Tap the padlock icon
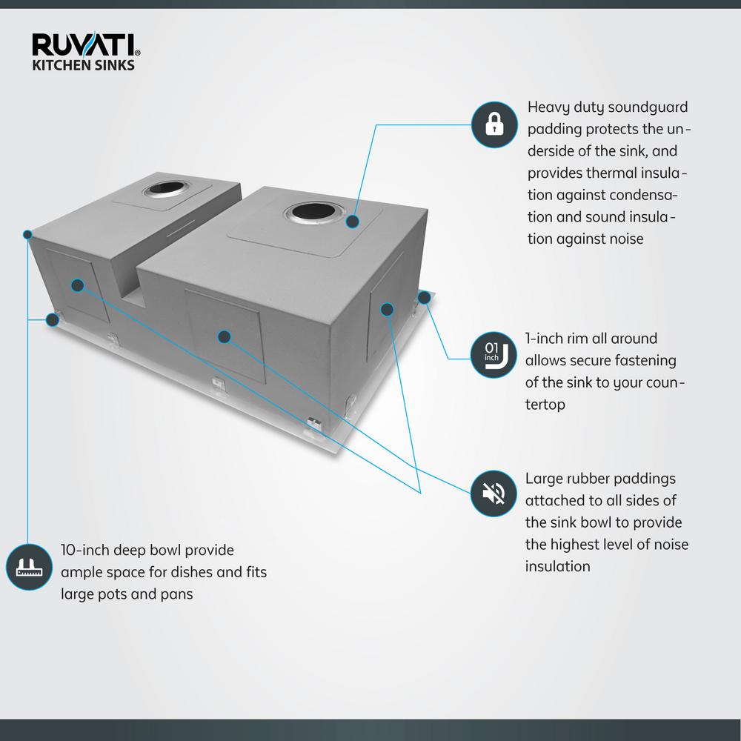click(x=494, y=124)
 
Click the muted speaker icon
click(x=494, y=494)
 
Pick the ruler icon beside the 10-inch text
click(x=28, y=568)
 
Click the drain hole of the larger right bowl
click(x=313, y=213)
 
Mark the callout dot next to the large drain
click(x=353, y=221)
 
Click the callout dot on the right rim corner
click(x=424, y=298)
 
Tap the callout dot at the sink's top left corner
click(x=27, y=235)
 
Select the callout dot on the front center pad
click(x=224, y=337)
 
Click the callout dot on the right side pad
click(x=387, y=309)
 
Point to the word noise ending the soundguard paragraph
click(x=624, y=239)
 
